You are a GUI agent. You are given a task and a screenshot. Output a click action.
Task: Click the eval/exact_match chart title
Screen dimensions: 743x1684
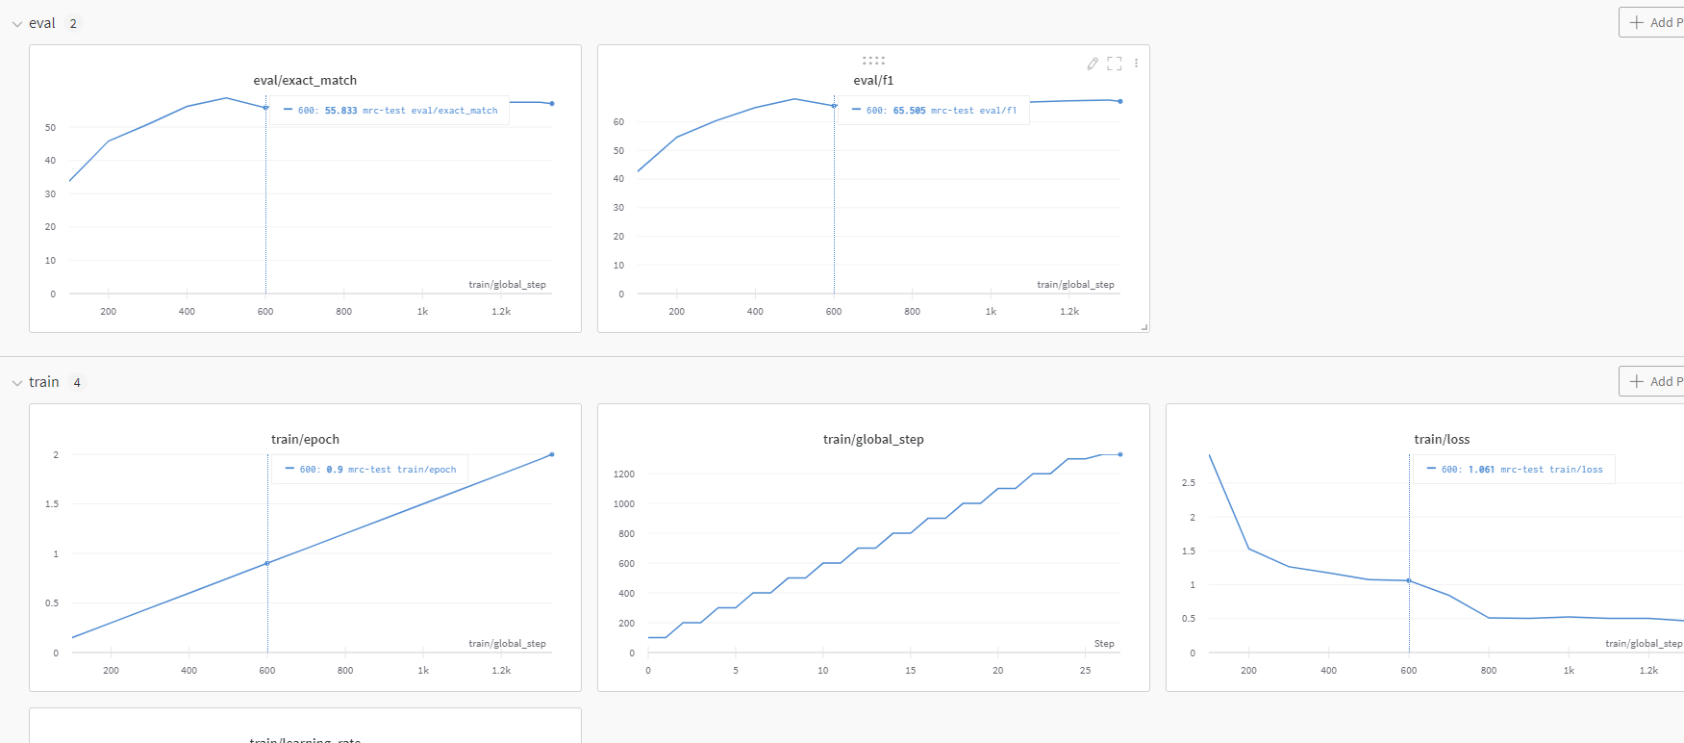[305, 81]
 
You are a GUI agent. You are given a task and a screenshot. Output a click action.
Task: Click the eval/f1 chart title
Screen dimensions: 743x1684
[873, 81]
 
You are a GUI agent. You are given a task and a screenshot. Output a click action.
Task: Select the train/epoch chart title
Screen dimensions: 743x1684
[305, 440]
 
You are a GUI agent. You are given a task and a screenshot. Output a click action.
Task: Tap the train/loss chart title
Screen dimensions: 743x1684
[1442, 440]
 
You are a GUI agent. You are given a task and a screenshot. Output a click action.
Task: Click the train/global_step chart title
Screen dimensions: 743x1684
[873, 440]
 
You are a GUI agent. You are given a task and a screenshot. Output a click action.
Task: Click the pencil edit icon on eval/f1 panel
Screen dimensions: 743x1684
[1093, 64]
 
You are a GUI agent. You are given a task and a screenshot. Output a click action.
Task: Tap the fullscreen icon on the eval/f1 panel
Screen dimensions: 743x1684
[1115, 64]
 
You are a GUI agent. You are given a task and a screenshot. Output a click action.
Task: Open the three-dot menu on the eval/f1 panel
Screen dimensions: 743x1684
[1137, 64]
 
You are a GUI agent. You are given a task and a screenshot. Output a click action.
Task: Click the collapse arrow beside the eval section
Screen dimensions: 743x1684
[16, 24]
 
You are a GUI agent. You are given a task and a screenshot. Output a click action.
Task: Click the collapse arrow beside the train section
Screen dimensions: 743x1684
[16, 383]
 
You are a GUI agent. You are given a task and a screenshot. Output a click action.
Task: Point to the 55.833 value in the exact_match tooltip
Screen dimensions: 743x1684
[340, 111]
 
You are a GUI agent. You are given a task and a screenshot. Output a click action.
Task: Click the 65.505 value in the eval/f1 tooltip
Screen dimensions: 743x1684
[909, 111]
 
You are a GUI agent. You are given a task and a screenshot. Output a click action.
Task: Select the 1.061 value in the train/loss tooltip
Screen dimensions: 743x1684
[1481, 470]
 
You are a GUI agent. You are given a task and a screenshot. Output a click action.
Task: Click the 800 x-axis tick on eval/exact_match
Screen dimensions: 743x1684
[343, 312]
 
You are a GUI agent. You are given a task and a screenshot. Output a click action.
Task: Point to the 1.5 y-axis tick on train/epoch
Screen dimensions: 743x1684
[52, 504]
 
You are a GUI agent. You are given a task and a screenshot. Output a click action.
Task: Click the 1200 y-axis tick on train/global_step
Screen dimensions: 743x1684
[624, 474]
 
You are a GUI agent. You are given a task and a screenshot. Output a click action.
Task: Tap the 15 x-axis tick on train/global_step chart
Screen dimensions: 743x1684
[910, 671]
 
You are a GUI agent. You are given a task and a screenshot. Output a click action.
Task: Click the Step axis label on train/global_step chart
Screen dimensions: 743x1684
[1104, 644]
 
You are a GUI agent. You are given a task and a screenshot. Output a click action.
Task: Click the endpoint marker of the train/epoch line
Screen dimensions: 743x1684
[552, 454]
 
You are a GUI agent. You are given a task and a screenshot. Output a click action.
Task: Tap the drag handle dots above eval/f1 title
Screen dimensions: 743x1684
[873, 61]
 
